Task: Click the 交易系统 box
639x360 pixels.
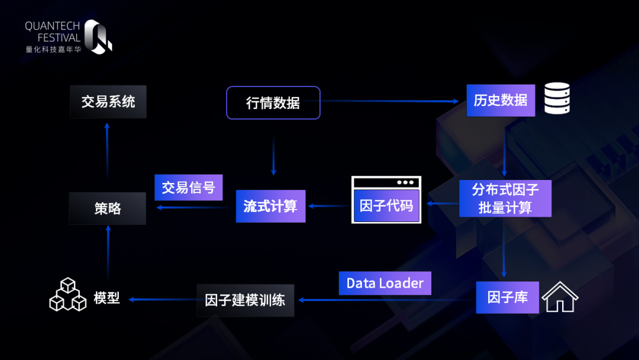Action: point(108,102)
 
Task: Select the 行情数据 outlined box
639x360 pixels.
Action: point(273,103)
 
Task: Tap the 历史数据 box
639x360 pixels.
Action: point(501,100)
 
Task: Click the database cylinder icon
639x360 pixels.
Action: point(556,99)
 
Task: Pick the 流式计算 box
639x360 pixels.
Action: point(270,206)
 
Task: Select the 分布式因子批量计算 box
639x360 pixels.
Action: point(505,198)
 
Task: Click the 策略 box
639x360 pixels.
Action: point(107,208)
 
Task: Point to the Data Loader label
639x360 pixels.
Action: point(385,283)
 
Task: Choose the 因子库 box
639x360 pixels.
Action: point(507,297)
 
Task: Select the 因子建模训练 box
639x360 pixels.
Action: point(245,300)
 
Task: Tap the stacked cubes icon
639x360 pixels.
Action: point(67,295)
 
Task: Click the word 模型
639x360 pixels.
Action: point(107,298)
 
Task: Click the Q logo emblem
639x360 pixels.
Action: point(98,37)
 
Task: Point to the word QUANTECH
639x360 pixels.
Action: point(53,26)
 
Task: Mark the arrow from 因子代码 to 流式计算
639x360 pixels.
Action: point(329,206)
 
